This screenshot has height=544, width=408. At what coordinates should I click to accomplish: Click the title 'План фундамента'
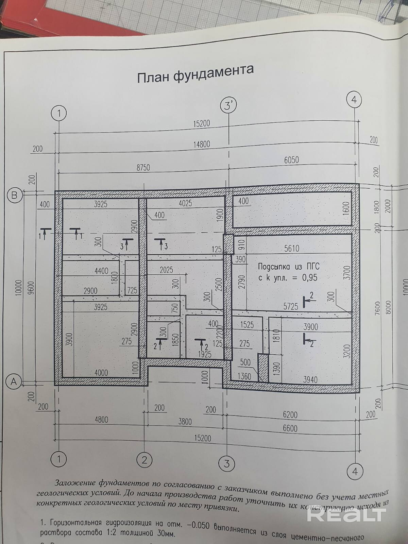pyautogui.click(x=195, y=74)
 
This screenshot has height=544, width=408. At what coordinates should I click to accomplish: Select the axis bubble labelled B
pyautogui.click(x=14, y=195)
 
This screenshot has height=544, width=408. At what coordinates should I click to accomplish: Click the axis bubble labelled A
pyautogui.click(x=14, y=381)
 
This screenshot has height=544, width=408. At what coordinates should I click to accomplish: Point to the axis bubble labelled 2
pyautogui.click(x=144, y=460)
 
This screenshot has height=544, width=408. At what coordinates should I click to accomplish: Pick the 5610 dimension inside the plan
pyautogui.click(x=291, y=249)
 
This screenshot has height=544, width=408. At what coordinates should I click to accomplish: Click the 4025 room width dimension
pyautogui.click(x=185, y=203)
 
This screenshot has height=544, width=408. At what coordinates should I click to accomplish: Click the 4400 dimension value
pyautogui.click(x=101, y=271)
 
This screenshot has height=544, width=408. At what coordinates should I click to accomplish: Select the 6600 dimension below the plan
pyautogui.click(x=290, y=428)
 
